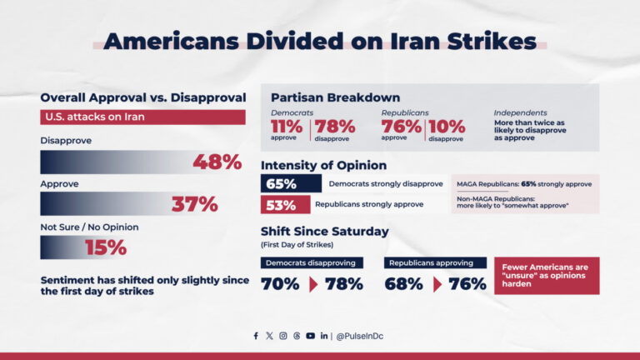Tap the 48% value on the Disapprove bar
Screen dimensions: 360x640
point(217,162)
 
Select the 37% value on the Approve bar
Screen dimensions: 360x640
point(194,204)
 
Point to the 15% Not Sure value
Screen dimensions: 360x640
point(105,247)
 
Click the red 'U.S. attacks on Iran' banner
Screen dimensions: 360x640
point(142,117)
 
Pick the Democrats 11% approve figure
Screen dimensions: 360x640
point(287,127)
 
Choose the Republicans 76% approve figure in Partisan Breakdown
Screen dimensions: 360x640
point(402,127)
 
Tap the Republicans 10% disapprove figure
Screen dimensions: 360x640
point(447,127)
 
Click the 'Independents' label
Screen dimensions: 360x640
point(520,112)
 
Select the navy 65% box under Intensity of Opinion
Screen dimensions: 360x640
point(291,183)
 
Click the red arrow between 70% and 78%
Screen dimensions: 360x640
point(312,284)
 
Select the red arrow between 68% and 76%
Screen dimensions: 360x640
point(436,284)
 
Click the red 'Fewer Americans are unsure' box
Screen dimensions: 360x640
point(547,275)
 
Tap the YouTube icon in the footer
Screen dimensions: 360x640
point(310,336)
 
